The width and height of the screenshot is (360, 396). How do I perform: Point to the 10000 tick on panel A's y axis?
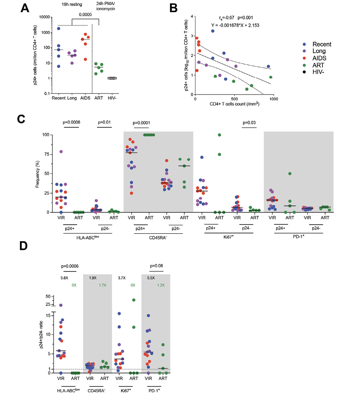41,17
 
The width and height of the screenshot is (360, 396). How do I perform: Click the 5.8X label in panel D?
64,278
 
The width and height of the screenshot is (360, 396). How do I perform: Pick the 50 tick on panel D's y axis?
49,296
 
